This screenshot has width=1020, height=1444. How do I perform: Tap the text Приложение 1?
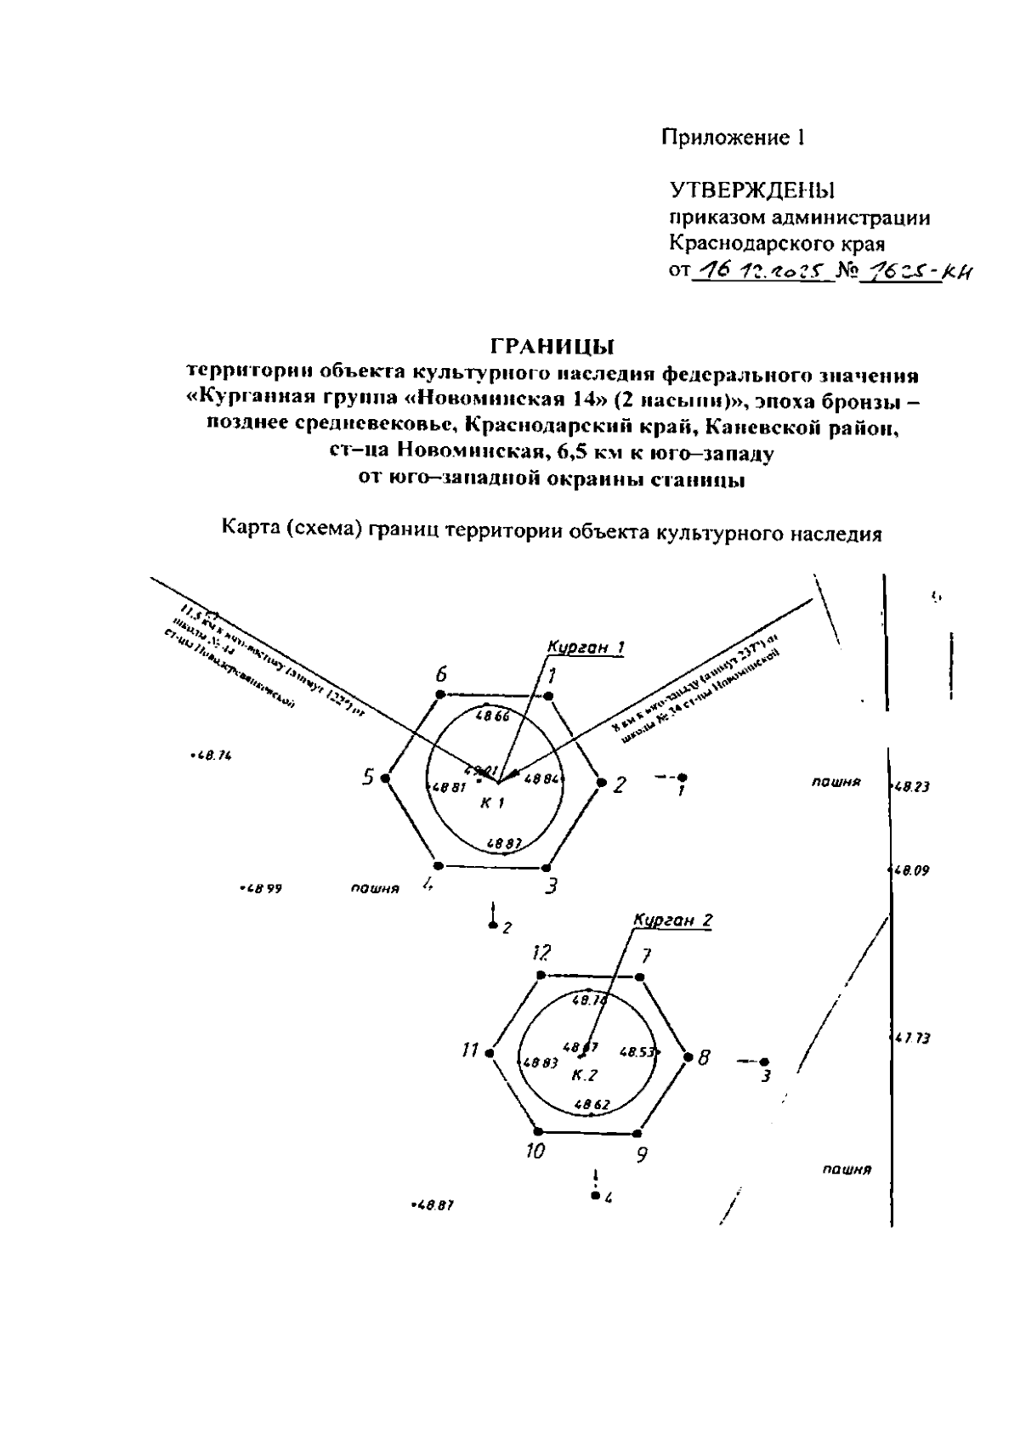click(734, 138)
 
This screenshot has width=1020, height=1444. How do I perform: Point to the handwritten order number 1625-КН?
click(917, 272)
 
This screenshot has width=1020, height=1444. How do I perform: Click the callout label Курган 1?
click(586, 648)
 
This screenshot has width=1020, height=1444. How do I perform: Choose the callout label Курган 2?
click(673, 920)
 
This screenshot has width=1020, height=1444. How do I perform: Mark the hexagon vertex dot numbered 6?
click(439, 695)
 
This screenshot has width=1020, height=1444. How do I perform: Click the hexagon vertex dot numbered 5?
click(386, 778)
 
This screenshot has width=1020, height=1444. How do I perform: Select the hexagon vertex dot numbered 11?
click(490, 1053)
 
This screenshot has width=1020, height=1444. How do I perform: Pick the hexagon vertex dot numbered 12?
click(540, 975)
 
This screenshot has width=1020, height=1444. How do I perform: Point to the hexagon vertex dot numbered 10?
click(539, 1131)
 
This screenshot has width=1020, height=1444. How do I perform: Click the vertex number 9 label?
click(643, 1155)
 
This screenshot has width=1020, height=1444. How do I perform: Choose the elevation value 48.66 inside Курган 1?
click(493, 716)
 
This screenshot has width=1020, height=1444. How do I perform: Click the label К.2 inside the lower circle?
click(584, 1075)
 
